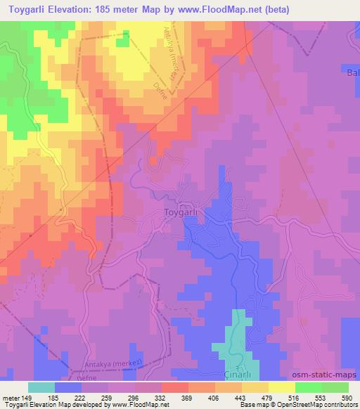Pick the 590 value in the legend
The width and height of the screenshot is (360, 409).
[348, 398]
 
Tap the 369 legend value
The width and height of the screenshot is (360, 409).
[188, 398]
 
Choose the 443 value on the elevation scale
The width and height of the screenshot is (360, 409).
[242, 398]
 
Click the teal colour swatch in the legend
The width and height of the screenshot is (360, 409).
[41, 387]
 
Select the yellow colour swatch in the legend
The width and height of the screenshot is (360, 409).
[282, 387]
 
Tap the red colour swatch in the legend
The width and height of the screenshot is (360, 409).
[175, 387]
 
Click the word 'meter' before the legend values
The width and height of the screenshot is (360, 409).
[11, 398]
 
